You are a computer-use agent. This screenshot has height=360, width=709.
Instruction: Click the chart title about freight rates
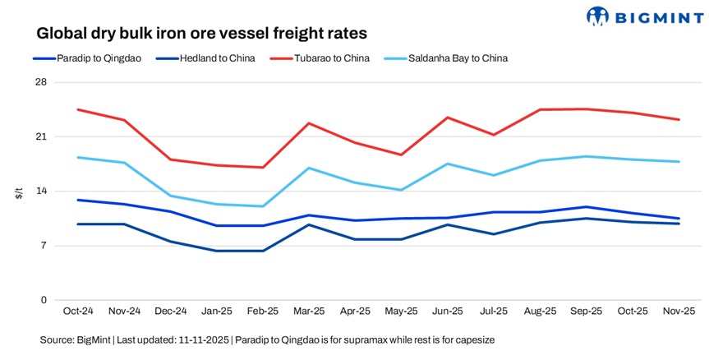(x=201, y=34)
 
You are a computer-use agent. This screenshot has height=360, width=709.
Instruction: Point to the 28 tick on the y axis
(x=40, y=82)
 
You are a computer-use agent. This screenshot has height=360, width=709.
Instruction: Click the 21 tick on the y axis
(x=40, y=136)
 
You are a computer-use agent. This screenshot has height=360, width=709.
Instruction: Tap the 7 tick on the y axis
(x=43, y=246)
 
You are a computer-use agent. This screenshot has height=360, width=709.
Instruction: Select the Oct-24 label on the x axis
(x=77, y=312)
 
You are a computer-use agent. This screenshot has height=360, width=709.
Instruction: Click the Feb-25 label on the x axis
(x=263, y=312)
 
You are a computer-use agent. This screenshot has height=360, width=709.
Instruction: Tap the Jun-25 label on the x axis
(x=448, y=312)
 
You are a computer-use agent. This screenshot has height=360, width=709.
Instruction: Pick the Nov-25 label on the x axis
(x=679, y=312)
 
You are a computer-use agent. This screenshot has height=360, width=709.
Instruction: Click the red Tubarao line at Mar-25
(x=309, y=123)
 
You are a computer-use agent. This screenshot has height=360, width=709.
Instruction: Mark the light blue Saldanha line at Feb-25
(x=263, y=206)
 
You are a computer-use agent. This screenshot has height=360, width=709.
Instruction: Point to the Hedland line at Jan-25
(x=216, y=251)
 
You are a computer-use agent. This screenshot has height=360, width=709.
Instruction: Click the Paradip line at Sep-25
(x=587, y=207)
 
